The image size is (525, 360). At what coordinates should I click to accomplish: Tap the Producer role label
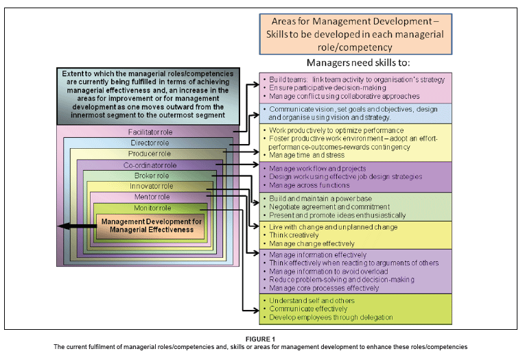(150, 154)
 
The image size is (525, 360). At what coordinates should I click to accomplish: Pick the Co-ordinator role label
(150, 165)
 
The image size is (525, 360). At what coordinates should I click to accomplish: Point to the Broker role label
(150, 176)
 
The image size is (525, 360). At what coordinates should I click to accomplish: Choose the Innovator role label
(149, 186)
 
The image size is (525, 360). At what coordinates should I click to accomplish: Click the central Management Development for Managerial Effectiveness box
(150, 226)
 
